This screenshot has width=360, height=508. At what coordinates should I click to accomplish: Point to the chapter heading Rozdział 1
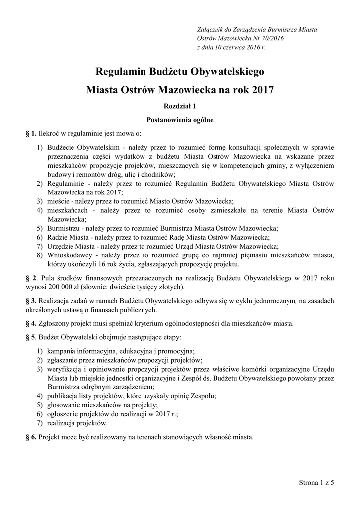pos(180,106)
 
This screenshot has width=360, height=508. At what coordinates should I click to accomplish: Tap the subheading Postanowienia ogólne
pos(180,120)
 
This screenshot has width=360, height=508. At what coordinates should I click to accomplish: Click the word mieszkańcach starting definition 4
pos(69,210)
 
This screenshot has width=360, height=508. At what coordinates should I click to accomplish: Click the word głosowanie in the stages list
pos(64,405)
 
